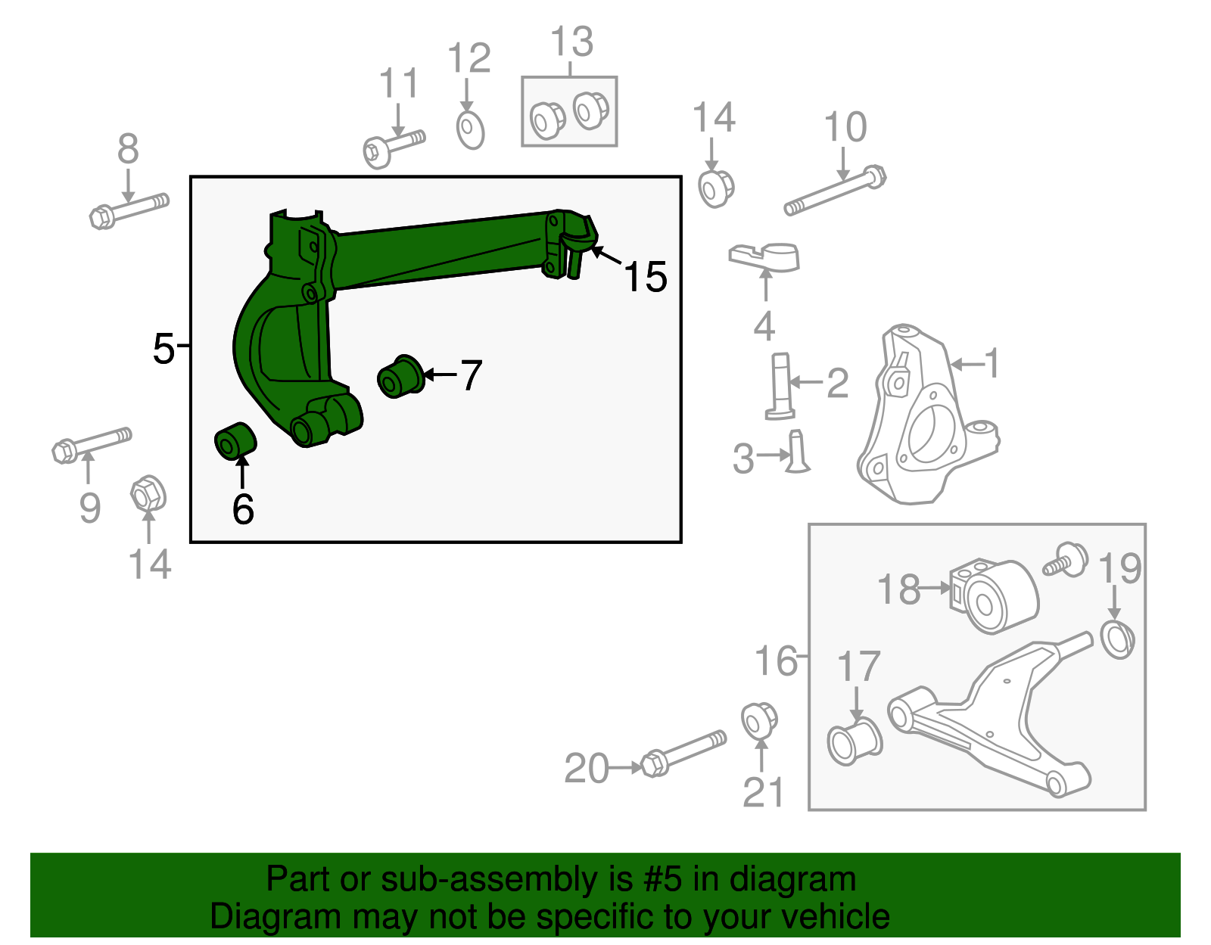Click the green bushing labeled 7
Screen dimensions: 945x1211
[x=400, y=375]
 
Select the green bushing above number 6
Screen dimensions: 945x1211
[x=235, y=441]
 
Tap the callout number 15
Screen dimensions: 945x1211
[x=645, y=277]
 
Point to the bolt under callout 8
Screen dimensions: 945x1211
[x=129, y=210]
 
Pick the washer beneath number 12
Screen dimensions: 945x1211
[x=470, y=130]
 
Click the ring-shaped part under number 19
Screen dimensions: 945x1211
[x=1117, y=639]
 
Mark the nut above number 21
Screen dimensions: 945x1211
[x=758, y=720]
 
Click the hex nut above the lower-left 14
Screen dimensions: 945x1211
[x=148, y=494]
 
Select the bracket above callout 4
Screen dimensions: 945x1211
[x=764, y=256]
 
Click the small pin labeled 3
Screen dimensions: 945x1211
[x=797, y=452]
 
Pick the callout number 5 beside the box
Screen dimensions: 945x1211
[x=163, y=349]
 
